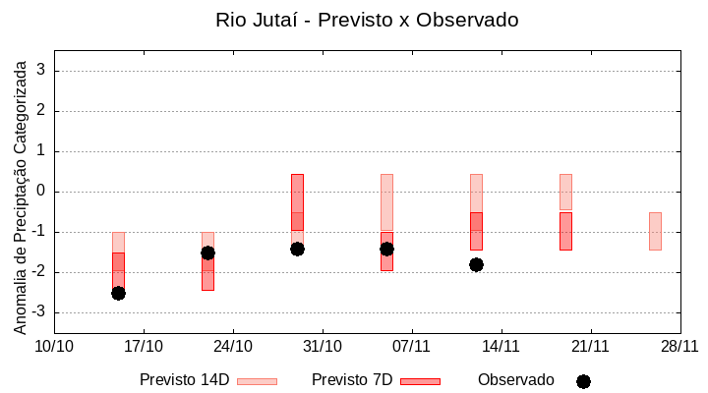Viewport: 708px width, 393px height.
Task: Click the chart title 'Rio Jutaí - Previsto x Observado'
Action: click(367, 20)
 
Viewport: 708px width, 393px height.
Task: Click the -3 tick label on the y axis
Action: click(39, 312)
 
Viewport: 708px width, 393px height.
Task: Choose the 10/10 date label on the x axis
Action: click(54, 346)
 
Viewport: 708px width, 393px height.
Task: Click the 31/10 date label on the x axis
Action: click(322, 346)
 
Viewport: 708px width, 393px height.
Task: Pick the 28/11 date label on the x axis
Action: click(679, 346)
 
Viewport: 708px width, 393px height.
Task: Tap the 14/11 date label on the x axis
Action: click(501, 346)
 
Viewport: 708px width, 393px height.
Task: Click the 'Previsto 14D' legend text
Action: click(184, 380)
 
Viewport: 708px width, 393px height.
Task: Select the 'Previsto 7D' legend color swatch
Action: click(420, 381)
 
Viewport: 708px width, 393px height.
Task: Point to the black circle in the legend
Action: click(583, 381)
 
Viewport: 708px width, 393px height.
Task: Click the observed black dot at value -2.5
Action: click(118, 293)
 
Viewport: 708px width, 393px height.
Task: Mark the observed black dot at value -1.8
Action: click(476, 264)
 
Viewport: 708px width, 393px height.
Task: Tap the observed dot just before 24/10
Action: click(207, 253)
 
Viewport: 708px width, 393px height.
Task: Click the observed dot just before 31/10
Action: click(297, 249)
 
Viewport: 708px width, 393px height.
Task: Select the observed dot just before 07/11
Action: click(386, 249)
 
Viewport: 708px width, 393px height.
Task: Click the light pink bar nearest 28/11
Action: click(655, 231)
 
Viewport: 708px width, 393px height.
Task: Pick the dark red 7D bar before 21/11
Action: click(565, 231)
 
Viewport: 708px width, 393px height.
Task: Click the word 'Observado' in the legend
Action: click(515, 380)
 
